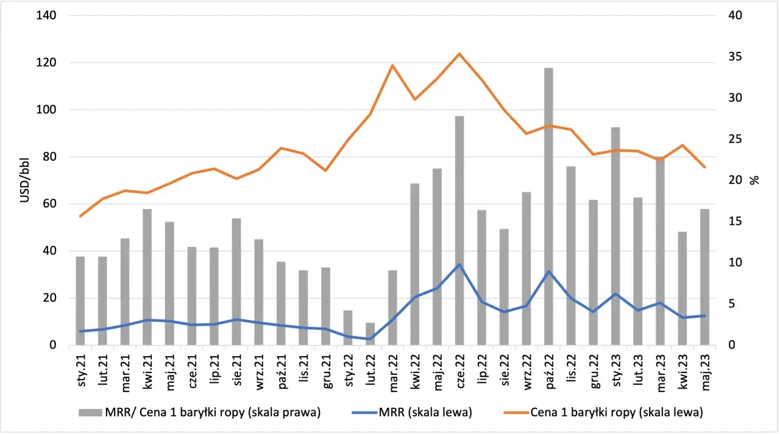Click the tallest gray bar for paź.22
(548, 207)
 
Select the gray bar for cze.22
(459, 230)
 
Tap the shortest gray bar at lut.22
(370, 334)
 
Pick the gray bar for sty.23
(615, 236)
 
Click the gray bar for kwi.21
(147, 277)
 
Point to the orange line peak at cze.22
(459, 54)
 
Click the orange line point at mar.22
(392, 65)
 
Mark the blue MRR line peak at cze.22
(459, 265)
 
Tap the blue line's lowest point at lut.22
(370, 338)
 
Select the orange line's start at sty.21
(80, 216)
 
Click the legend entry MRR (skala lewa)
(412, 413)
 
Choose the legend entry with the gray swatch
(199, 413)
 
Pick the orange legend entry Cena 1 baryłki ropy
(603, 413)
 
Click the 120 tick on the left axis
(46, 63)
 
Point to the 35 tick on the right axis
(735, 57)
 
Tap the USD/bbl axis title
(24, 180)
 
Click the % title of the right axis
(754, 180)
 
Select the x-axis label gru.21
(327, 372)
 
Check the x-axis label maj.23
(706, 372)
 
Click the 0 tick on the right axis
(732, 345)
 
